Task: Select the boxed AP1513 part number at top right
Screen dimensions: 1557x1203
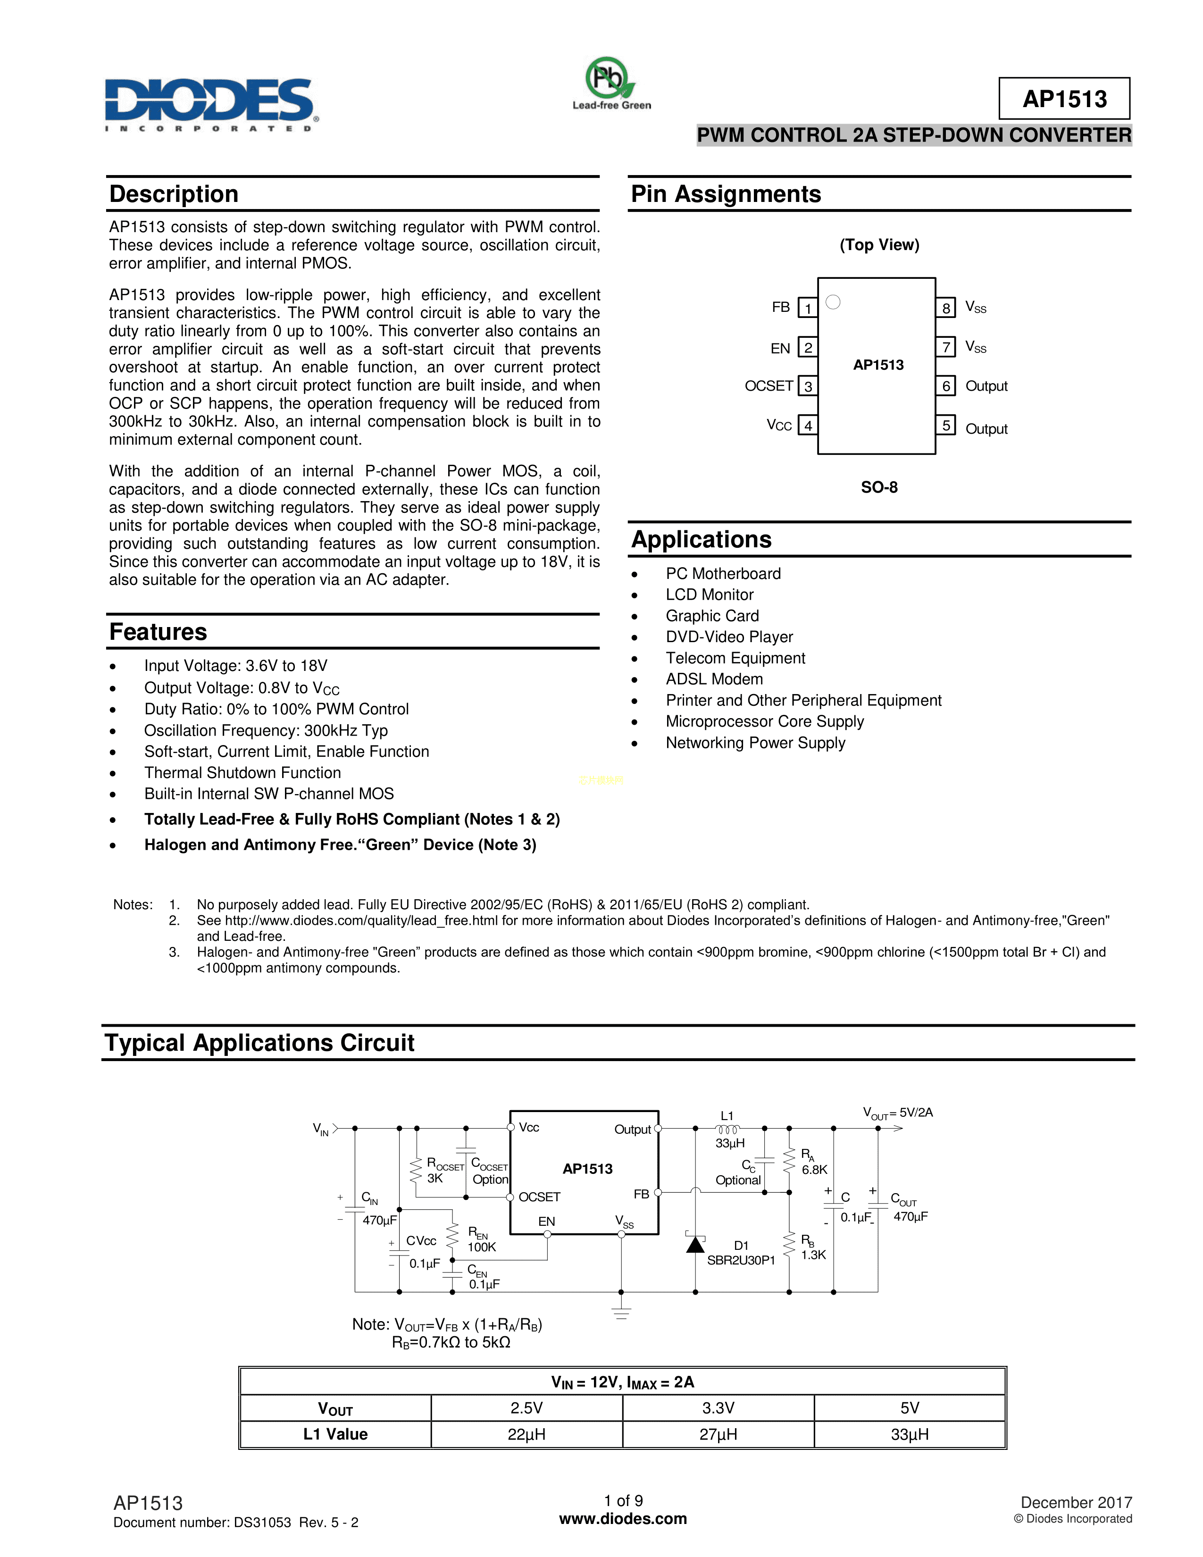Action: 1064,99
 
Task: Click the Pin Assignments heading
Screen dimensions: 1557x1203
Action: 726,194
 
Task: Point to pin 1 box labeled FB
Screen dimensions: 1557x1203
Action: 807,308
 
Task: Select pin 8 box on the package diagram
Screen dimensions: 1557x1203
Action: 946,308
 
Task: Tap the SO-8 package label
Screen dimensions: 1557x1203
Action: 879,488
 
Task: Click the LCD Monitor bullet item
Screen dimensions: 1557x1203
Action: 709,594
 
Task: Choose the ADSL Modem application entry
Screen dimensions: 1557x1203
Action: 714,679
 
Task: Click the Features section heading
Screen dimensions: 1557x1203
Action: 158,632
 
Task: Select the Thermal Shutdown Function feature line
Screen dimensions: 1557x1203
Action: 242,773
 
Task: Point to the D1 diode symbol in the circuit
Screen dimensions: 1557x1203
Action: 695,1244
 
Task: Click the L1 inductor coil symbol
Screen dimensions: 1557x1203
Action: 727,1129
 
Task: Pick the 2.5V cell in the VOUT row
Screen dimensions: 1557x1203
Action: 526,1408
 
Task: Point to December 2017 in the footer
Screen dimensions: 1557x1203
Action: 1076,1503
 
